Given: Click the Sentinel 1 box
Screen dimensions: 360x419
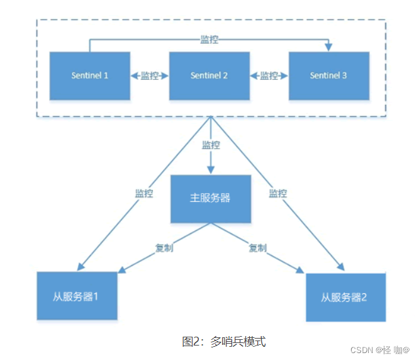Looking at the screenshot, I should [89, 76].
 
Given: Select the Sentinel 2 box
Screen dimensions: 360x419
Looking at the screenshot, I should [209, 76].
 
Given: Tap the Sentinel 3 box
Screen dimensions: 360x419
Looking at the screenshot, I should [328, 76].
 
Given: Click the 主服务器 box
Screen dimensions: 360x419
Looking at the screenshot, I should [210, 198].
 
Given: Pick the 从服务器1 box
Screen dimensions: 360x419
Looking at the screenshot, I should [76, 296].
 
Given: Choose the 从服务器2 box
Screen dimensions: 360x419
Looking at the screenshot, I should [345, 297].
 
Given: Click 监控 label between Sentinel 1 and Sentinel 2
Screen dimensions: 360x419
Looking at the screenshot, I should [150, 76].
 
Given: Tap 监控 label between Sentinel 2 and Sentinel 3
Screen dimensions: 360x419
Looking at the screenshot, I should [269, 76].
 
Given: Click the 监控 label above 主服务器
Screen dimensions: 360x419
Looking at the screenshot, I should [211, 145].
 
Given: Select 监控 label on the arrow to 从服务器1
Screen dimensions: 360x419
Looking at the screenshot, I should [144, 193].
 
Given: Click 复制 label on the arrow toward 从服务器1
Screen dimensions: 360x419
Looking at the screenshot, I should [164, 247].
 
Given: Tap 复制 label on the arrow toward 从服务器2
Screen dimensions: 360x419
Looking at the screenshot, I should [257, 247].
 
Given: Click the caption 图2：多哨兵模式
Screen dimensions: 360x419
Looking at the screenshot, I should [224, 342].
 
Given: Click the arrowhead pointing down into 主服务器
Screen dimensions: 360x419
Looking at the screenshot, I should [211, 171].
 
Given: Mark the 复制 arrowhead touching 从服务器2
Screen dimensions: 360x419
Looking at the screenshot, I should [301, 272].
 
